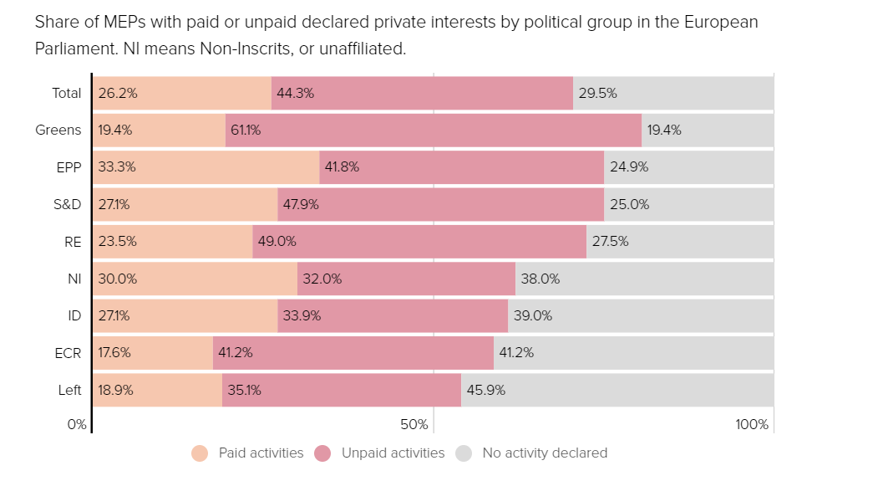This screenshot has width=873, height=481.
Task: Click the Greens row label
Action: [58, 130]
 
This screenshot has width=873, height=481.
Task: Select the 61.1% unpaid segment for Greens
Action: [434, 130]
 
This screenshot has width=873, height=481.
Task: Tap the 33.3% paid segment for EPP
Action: [206, 166]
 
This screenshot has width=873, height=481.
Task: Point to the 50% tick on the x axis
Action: [414, 425]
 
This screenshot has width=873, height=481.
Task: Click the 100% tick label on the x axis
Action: [752, 425]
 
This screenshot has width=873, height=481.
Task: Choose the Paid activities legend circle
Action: [200, 453]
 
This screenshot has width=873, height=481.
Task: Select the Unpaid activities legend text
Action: [393, 453]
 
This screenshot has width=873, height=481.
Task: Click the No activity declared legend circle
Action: [464, 453]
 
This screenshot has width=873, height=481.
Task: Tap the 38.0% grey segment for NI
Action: [644, 279]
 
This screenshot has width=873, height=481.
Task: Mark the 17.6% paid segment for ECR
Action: [153, 353]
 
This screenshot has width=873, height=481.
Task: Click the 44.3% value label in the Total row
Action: [295, 93]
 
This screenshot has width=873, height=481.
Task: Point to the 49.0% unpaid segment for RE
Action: [419, 241]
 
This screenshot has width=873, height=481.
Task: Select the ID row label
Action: [74, 315]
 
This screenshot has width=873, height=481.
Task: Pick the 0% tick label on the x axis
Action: [77, 425]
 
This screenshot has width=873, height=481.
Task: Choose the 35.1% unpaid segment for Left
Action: [342, 390]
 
